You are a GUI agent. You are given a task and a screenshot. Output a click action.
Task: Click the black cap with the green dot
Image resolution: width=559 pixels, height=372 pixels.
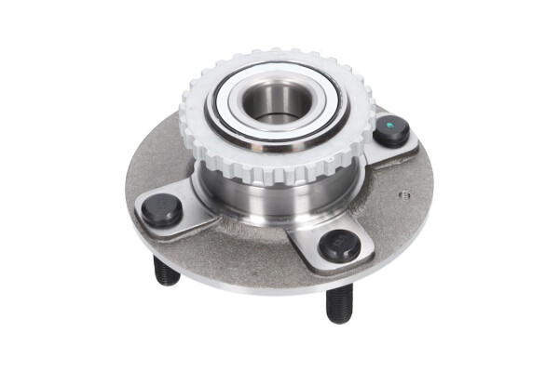click(x=391, y=131)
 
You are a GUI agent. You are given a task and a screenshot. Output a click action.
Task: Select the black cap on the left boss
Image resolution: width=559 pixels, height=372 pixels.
click(x=161, y=210)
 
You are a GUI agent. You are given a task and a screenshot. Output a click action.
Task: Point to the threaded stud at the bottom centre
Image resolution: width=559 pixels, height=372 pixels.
click(x=339, y=302)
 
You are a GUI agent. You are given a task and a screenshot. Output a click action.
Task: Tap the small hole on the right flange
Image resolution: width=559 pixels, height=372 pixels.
click(x=404, y=194)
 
